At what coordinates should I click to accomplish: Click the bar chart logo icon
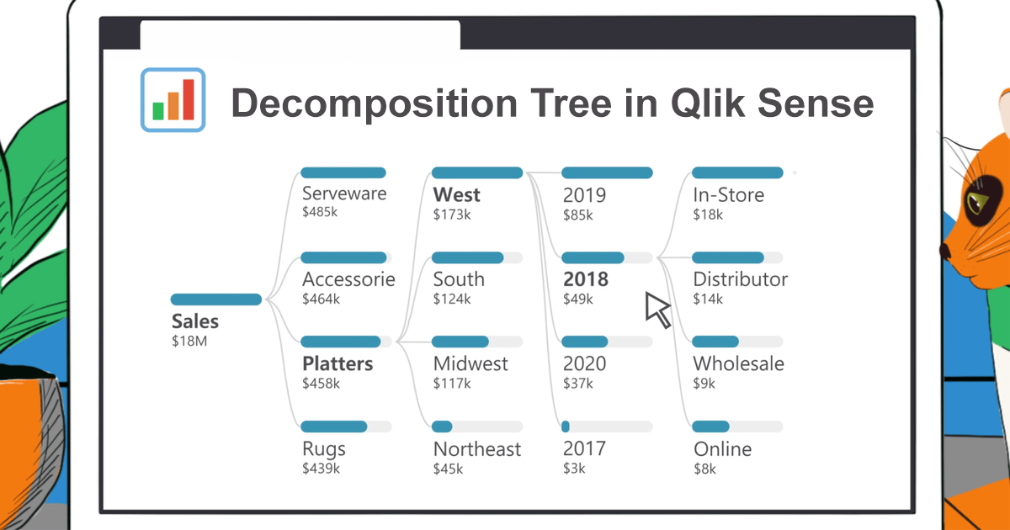(x=173, y=99)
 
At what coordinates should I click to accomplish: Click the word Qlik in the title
(x=710, y=103)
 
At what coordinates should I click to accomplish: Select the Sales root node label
(x=195, y=321)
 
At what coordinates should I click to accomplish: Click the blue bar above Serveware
(x=343, y=172)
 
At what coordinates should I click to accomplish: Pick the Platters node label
(x=338, y=364)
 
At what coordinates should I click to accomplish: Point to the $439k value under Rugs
(x=321, y=469)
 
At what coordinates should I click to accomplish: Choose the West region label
(x=456, y=195)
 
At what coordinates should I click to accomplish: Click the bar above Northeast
(x=442, y=427)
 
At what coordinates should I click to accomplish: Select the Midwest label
(x=470, y=364)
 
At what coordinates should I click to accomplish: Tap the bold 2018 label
(x=585, y=279)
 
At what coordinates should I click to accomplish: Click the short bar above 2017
(x=566, y=427)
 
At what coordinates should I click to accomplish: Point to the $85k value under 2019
(x=577, y=215)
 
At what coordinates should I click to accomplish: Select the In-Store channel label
(x=728, y=195)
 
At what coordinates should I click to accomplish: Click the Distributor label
(x=740, y=279)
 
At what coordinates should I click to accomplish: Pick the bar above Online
(x=710, y=427)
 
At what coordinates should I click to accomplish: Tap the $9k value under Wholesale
(x=704, y=384)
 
